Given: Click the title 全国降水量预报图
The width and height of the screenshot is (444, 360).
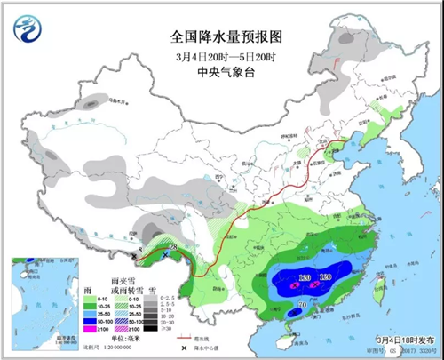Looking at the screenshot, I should click(225, 38).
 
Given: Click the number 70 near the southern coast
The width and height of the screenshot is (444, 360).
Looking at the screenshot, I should click(303, 306).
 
